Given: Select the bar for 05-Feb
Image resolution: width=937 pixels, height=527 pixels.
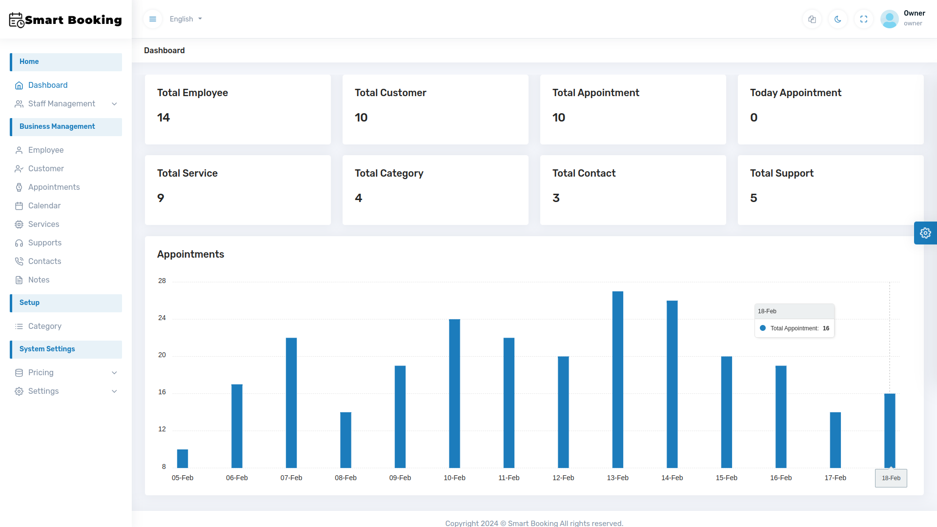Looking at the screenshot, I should point(183,459).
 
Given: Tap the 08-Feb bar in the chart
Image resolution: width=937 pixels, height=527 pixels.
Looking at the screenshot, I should point(346,440).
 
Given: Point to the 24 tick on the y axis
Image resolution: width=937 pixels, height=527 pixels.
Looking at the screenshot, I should point(162,318).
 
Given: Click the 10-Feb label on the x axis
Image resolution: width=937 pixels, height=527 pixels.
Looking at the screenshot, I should point(454,478).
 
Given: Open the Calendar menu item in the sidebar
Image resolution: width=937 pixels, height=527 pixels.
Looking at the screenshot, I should point(44,205).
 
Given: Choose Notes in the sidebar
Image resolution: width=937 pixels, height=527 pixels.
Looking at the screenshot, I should point(39,280).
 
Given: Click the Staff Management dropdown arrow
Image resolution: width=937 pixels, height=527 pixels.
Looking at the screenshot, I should point(114,104).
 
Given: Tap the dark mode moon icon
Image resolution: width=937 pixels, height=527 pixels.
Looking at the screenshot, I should point(838,19).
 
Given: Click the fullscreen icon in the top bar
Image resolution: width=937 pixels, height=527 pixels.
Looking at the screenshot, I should point(864,19).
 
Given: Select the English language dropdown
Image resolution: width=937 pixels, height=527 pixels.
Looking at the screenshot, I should point(185,19).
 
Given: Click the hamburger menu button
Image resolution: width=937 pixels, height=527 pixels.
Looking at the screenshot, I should point(153,19).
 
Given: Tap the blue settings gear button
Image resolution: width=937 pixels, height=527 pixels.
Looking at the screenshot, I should point(925,233).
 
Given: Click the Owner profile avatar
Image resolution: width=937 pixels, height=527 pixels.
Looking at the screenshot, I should point(889,19).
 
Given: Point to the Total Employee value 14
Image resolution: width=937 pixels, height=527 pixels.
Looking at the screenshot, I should point(163,118).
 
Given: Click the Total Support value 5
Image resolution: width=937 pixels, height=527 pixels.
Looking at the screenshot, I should point(754,198).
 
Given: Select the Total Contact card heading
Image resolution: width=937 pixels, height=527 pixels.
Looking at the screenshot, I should point(584,173).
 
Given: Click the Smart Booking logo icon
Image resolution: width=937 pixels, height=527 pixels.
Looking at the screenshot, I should point(17,20).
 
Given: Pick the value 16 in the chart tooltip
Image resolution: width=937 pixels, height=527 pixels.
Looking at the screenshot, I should point(826,328).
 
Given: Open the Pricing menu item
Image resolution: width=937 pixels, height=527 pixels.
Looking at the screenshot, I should point(41,372).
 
